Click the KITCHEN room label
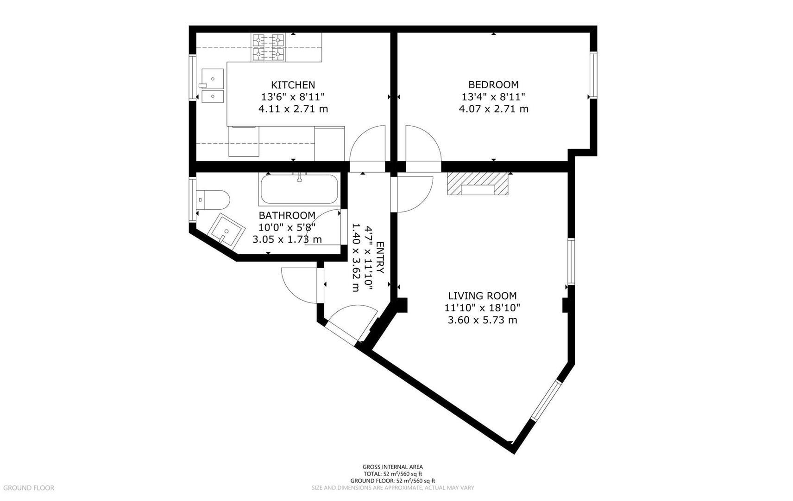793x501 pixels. pyautogui.click(x=293, y=85)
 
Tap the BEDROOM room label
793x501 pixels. pyautogui.click(x=493, y=85)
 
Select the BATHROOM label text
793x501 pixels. pyautogui.click(x=287, y=216)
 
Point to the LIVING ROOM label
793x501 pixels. pyautogui.click(x=482, y=296)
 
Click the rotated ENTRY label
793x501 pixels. pyautogui.click(x=380, y=257)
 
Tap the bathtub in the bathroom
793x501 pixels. pyautogui.click(x=299, y=189)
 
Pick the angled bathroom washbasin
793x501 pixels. pyautogui.click(x=226, y=230)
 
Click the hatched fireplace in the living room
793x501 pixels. pyautogui.click(x=478, y=184)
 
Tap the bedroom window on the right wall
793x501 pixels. pyautogui.click(x=593, y=76)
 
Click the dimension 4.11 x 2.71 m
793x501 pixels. pyautogui.click(x=293, y=109)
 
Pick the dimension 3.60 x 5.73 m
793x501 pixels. pyautogui.click(x=482, y=320)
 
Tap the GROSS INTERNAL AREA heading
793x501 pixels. pyautogui.click(x=392, y=467)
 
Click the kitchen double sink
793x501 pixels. pyautogui.click(x=213, y=85)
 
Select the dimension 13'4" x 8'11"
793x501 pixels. pyautogui.click(x=493, y=97)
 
